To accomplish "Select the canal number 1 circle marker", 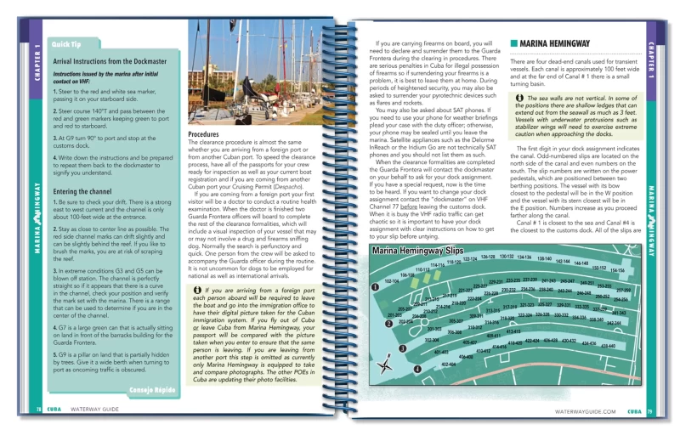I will click(375, 287).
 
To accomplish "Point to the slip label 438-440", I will click(608, 346).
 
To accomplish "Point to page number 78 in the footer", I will click(39, 410).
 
